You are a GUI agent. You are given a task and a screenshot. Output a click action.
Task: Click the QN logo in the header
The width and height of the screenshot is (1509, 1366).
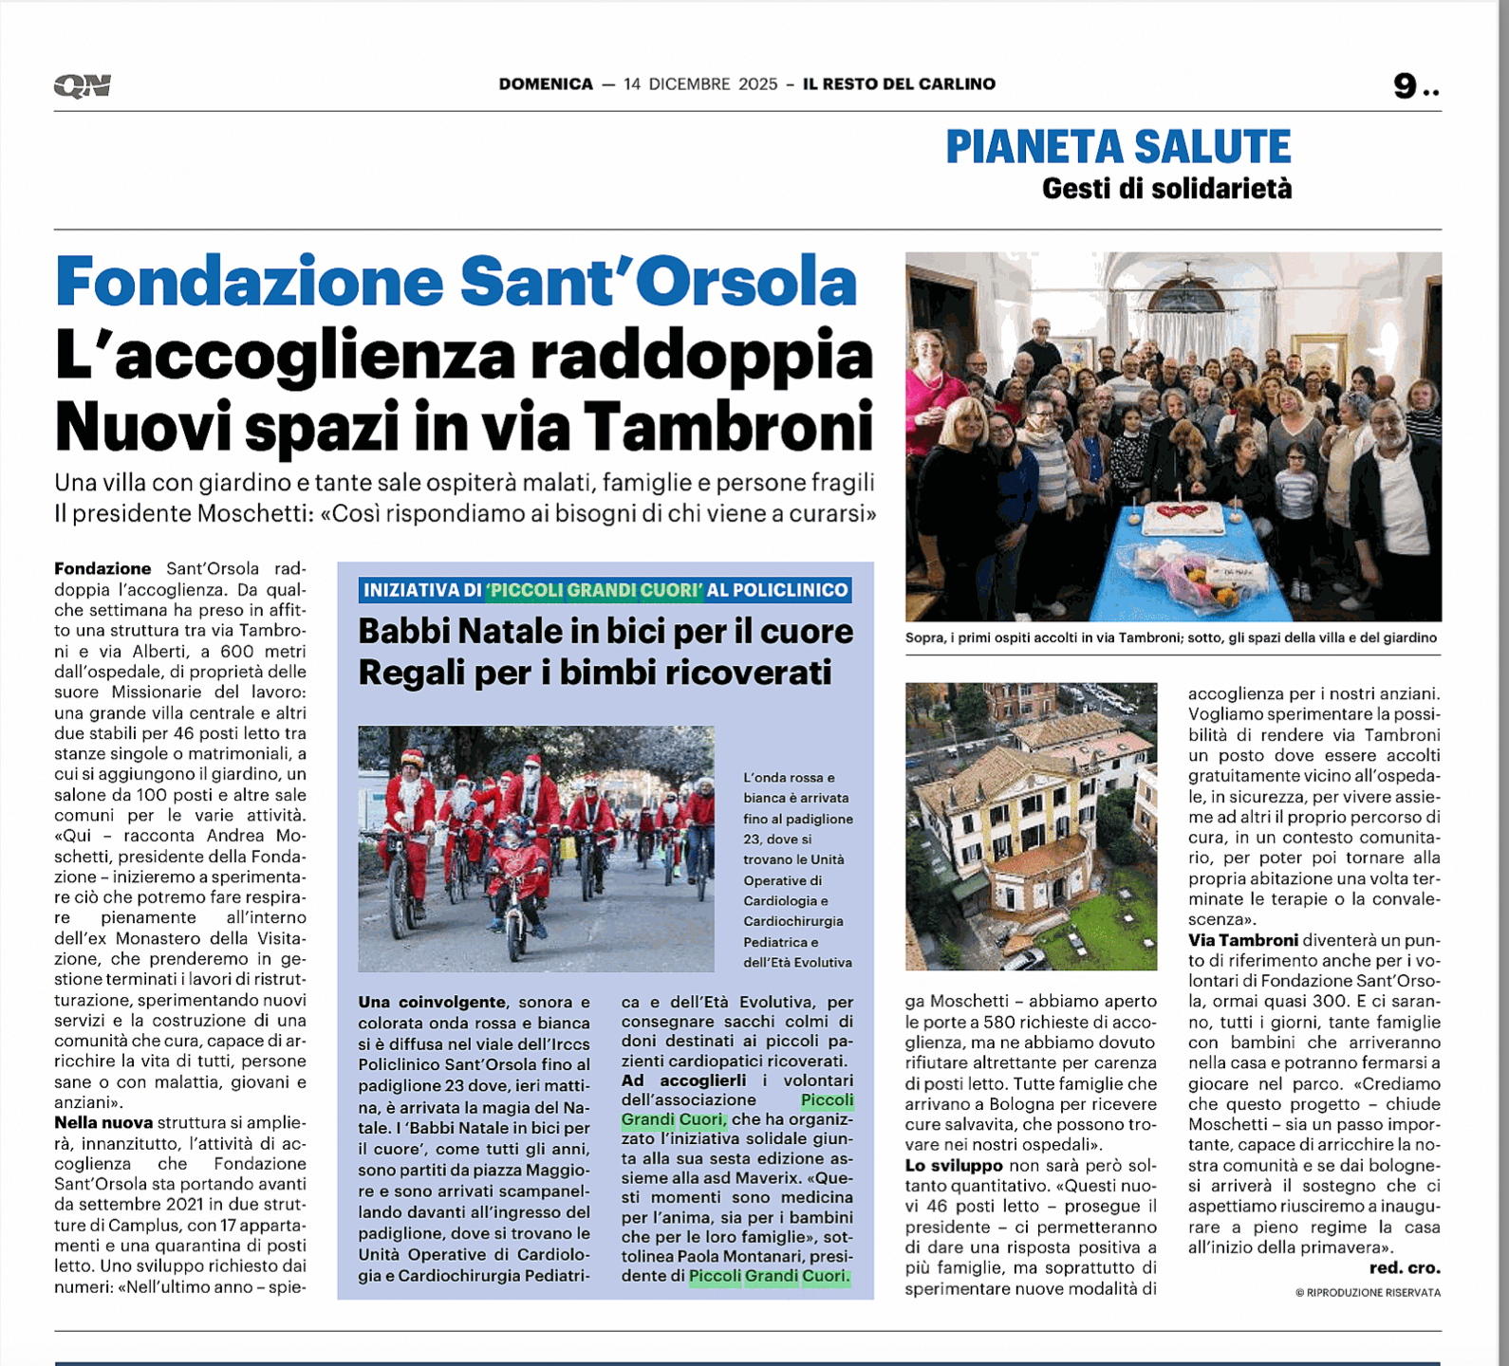coord(83,85)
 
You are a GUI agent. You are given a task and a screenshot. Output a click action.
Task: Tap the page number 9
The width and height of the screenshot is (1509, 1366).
coord(1406,86)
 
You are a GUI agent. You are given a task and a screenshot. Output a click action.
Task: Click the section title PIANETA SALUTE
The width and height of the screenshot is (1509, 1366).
coord(1118,147)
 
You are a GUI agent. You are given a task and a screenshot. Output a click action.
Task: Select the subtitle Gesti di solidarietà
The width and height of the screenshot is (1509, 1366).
coord(1166,189)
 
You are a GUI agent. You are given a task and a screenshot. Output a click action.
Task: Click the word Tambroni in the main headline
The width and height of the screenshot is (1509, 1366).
coord(728,426)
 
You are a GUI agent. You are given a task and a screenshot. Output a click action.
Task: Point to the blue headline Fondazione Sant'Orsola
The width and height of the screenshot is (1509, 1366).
coord(456,282)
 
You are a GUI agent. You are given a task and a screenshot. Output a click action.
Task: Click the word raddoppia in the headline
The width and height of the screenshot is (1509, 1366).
coord(701,355)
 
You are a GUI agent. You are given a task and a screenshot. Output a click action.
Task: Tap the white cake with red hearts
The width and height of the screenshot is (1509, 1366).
coord(1183,518)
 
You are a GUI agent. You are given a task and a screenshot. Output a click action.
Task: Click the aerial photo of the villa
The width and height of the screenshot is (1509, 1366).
coord(1031,825)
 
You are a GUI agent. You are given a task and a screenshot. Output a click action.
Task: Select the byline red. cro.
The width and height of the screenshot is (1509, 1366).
coord(1404,1268)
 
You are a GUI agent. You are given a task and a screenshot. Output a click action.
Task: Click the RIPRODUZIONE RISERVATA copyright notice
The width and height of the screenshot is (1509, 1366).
coord(1368,1292)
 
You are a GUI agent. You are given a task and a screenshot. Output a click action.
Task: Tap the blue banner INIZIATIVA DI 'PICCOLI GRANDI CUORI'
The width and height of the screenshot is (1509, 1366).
coord(605,590)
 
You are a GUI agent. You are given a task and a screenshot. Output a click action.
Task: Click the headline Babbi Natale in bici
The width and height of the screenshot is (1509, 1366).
coord(605,632)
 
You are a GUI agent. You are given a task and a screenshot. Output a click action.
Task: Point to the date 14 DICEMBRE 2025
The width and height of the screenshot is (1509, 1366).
coord(700,84)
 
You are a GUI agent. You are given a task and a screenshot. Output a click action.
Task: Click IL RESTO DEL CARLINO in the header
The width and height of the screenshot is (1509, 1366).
coord(899,84)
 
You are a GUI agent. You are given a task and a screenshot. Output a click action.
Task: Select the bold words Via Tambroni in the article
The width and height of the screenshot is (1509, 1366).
coord(1243,940)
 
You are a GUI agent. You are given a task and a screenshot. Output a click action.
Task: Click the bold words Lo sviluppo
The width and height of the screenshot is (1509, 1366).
coord(954,1165)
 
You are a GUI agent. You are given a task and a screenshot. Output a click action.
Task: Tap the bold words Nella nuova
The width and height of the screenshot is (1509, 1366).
coord(103,1123)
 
